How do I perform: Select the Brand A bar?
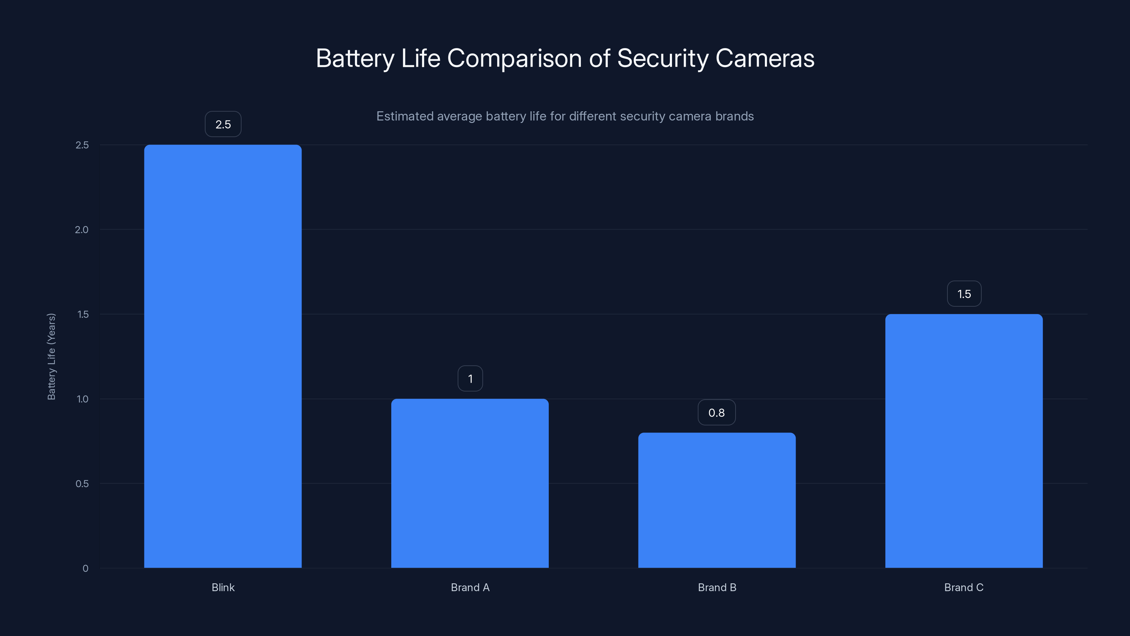(x=470, y=483)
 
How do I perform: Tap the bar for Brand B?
(x=717, y=500)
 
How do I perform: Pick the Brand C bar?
(x=964, y=441)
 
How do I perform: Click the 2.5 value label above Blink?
(x=223, y=124)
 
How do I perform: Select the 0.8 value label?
(x=716, y=413)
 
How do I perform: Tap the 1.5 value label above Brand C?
(x=964, y=294)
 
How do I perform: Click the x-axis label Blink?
(x=223, y=587)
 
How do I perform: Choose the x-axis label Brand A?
(x=470, y=587)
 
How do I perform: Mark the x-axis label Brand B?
(x=717, y=587)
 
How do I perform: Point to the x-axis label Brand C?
(x=964, y=587)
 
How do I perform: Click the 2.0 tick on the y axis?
(x=82, y=230)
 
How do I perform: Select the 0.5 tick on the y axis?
(x=82, y=484)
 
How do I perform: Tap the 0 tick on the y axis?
(x=85, y=569)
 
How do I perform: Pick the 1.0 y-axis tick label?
(x=82, y=399)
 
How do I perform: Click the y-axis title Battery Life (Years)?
(x=51, y=357)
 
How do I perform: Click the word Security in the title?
(x=662, y=58)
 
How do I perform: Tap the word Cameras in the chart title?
(x=765, y=58)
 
